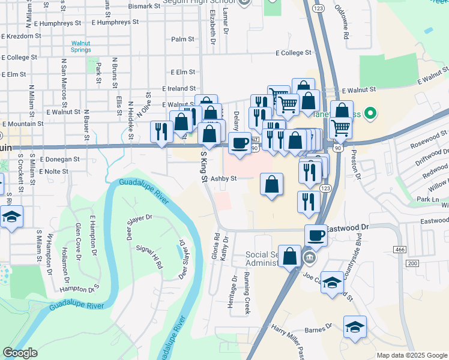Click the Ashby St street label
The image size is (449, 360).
tap(224, 178)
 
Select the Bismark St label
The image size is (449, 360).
tap(145, 6)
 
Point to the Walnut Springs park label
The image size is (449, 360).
tap(81, 47)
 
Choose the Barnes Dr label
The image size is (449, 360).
tap(319, 328)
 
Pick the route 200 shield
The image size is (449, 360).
tap(412, 263)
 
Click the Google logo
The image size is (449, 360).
tap(20, 353)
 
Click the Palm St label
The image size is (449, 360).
tap(182, 39)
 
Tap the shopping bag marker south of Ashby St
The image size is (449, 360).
tap(272, 184)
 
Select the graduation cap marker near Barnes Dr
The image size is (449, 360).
tap(355, 327)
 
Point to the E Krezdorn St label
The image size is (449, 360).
tap(21, 36)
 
